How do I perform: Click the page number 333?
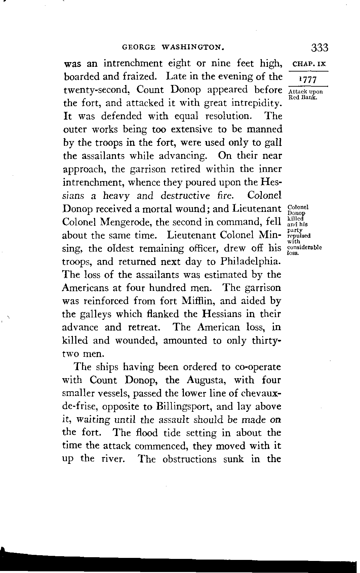319,47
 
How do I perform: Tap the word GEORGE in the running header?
138,48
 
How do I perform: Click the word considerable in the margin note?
305,248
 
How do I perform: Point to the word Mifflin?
197,301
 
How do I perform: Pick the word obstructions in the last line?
189,459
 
